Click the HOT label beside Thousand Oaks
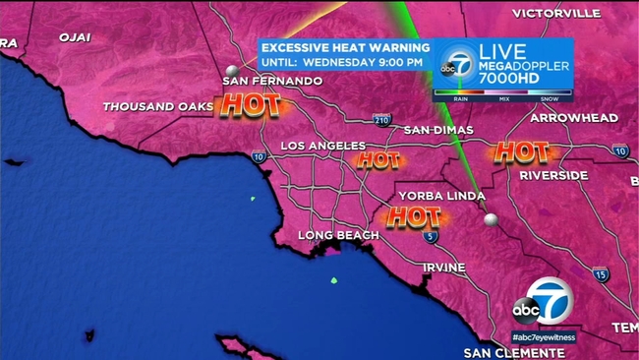click(250, 104)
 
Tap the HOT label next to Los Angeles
click(378, 159)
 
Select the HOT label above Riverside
click(520, 151)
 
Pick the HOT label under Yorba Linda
click(412, 216)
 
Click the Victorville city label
click(556, 13)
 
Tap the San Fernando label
click(272, 81)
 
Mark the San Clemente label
click(511, 351)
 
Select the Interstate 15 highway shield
click(600, 274)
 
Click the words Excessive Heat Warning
click(345, 47)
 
